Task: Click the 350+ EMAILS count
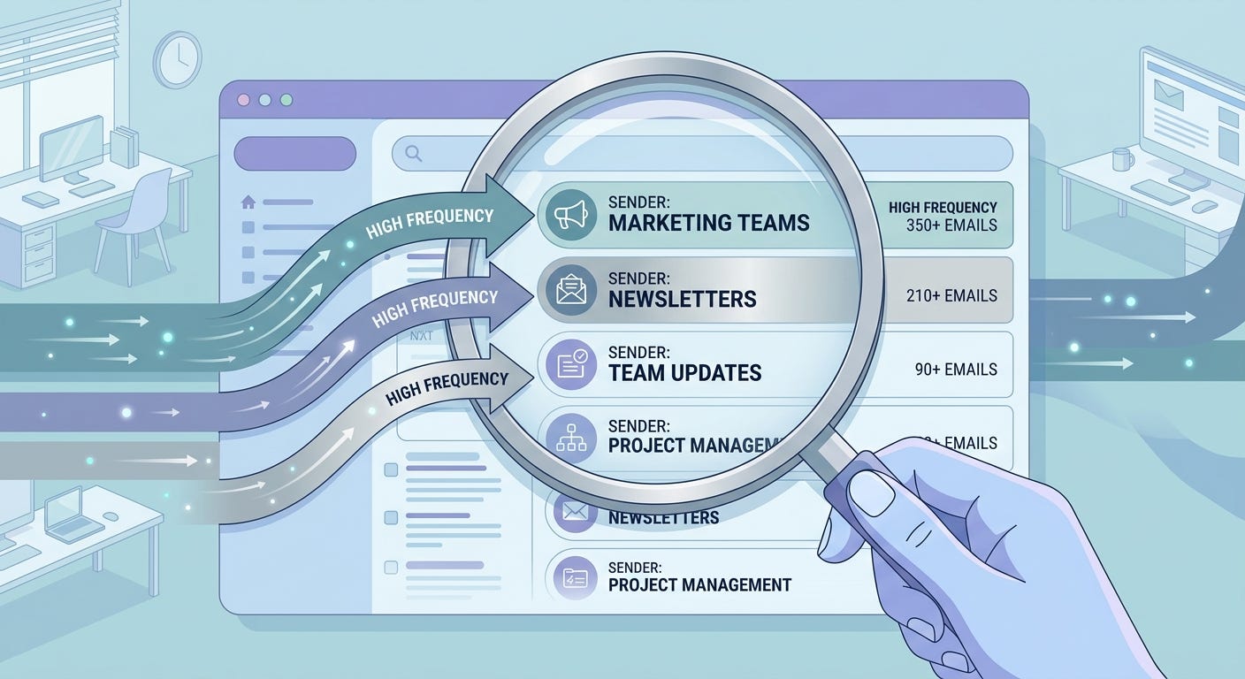tap(951, 225)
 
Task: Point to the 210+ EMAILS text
tap(951, 295)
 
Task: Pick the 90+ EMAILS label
tap(956, 370)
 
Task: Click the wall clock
tap(177, 59)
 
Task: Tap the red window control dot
tap(244, 100)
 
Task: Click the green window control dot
tap(286, 100)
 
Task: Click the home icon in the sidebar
tap(248, 202)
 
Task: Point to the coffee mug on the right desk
tap(1122, 159)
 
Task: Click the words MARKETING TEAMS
tap(709, 223)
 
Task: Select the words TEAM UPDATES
tap(684, 373)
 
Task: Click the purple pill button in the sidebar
tap(294, 154)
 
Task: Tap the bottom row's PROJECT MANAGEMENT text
tap(699, 584)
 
